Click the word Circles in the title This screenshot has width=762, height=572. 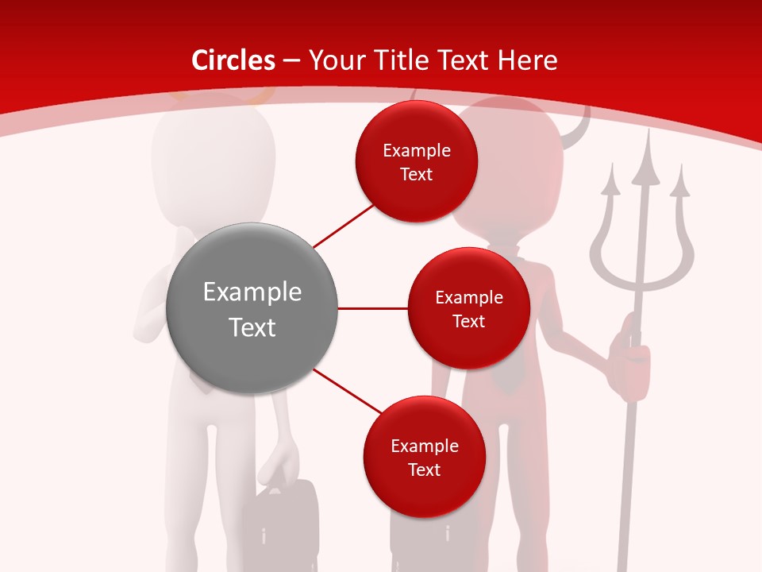233,60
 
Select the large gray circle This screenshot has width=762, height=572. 252,308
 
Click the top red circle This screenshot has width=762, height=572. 416,162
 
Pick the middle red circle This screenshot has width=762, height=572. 468,308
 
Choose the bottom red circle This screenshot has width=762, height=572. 424,457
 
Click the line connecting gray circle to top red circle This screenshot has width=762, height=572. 343,225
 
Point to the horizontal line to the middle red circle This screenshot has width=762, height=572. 372,308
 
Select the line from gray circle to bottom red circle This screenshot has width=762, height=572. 348,390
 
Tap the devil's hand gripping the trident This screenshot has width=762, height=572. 631,357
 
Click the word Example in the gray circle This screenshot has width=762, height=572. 252,292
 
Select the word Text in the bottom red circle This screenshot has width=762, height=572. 424,470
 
